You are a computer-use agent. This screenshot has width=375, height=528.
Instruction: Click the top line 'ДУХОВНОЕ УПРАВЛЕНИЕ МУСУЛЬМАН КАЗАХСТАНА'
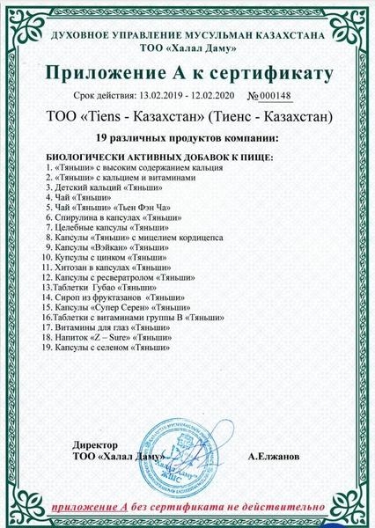[x=187, y=34]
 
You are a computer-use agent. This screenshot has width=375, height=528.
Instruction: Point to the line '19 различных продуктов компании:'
[x=187, y=139]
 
